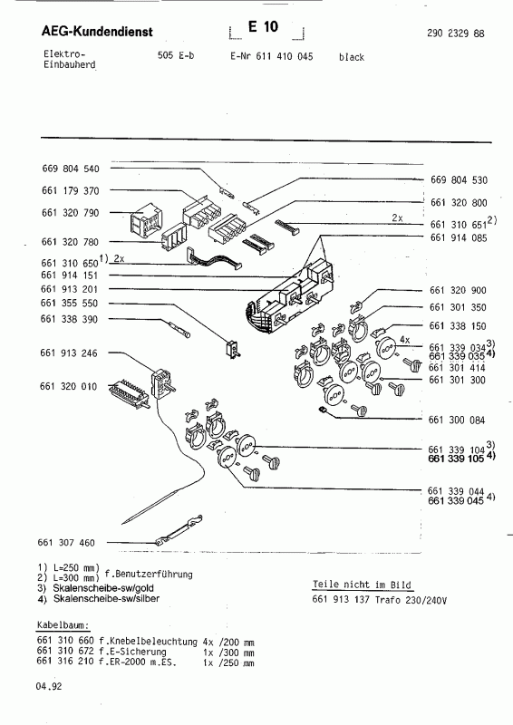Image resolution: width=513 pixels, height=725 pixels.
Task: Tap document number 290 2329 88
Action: [x=454, y=34]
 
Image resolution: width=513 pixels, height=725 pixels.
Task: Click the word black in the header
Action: [x=352, y=57]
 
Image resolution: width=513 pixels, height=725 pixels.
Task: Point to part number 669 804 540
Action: [x=74, y=169]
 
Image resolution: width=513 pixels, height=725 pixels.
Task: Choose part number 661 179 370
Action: [x=74, y=191]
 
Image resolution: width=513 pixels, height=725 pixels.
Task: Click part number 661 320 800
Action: [x=459, y=203]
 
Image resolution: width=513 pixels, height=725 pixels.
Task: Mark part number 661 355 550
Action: [x=74, y=304]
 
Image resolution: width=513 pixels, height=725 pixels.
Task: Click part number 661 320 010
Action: [x=74, y=387]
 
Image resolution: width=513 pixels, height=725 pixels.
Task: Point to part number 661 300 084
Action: [x=459, y=420]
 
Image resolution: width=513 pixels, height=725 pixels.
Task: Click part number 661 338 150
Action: [x=459, y=325]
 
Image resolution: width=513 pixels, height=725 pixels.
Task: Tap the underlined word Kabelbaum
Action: [x=61, y=626]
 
